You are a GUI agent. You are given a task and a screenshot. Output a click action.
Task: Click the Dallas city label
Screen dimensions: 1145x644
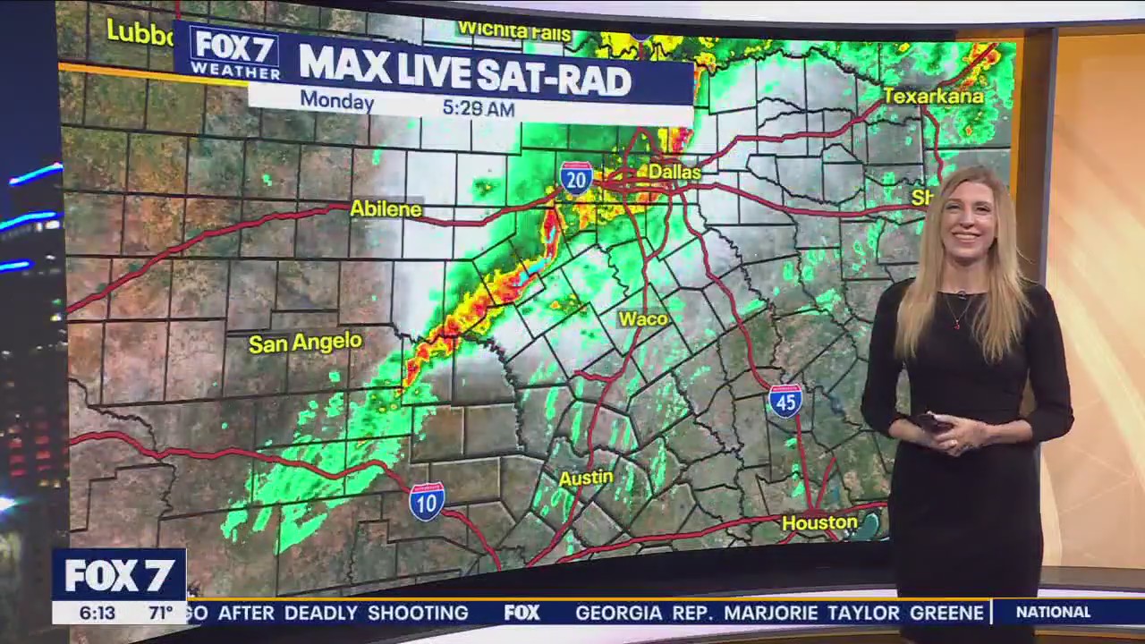674,171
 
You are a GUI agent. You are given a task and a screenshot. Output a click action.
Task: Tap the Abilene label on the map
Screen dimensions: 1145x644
386,209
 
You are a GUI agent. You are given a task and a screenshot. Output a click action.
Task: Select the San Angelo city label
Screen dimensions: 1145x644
305,343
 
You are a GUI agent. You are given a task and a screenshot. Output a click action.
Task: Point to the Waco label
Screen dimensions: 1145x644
643,319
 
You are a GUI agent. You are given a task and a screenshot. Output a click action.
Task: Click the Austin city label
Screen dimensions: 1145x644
586,479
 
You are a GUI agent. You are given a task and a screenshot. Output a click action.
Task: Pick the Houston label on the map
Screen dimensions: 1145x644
819,522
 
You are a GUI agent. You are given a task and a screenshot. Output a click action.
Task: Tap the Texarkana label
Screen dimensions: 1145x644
933,96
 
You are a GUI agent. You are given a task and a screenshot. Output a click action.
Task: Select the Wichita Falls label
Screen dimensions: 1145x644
513,31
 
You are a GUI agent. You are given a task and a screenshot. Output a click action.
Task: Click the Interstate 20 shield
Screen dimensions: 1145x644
576,179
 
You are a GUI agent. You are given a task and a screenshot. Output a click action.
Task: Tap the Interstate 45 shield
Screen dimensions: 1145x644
785,401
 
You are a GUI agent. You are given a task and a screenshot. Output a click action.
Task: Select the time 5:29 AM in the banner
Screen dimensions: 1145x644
479,108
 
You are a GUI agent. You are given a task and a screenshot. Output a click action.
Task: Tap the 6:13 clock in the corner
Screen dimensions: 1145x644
97,614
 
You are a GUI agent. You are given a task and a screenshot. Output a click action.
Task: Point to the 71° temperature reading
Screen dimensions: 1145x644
160,614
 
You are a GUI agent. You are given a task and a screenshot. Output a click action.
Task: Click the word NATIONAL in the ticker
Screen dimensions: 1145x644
1053,613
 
